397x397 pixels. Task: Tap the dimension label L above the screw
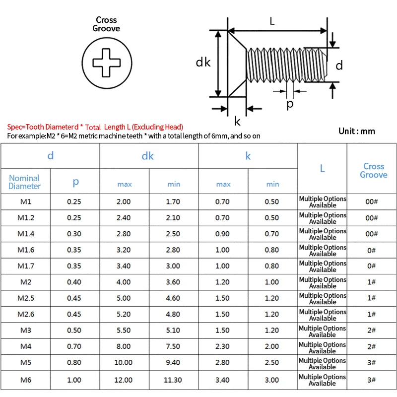[x=272, y=21]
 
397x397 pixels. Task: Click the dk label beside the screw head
[x=203, y=62]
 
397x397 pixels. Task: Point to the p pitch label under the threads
[x=290, y=104]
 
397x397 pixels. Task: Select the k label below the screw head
[x=237, y=121]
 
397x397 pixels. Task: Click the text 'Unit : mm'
[x=356, y=131]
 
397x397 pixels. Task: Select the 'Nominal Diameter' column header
[x=25, y=182]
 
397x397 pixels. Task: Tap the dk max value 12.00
[x=124, y=380]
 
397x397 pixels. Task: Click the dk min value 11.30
[x=174, y=380]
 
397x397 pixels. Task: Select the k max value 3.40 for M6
[x=223, y=380]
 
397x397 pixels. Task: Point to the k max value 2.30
[x=223, y=347]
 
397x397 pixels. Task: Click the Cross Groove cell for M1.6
[x=372, y=250]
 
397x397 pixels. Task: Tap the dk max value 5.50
[x=124, y=331]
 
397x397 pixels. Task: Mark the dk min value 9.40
[x=174, y=363]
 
